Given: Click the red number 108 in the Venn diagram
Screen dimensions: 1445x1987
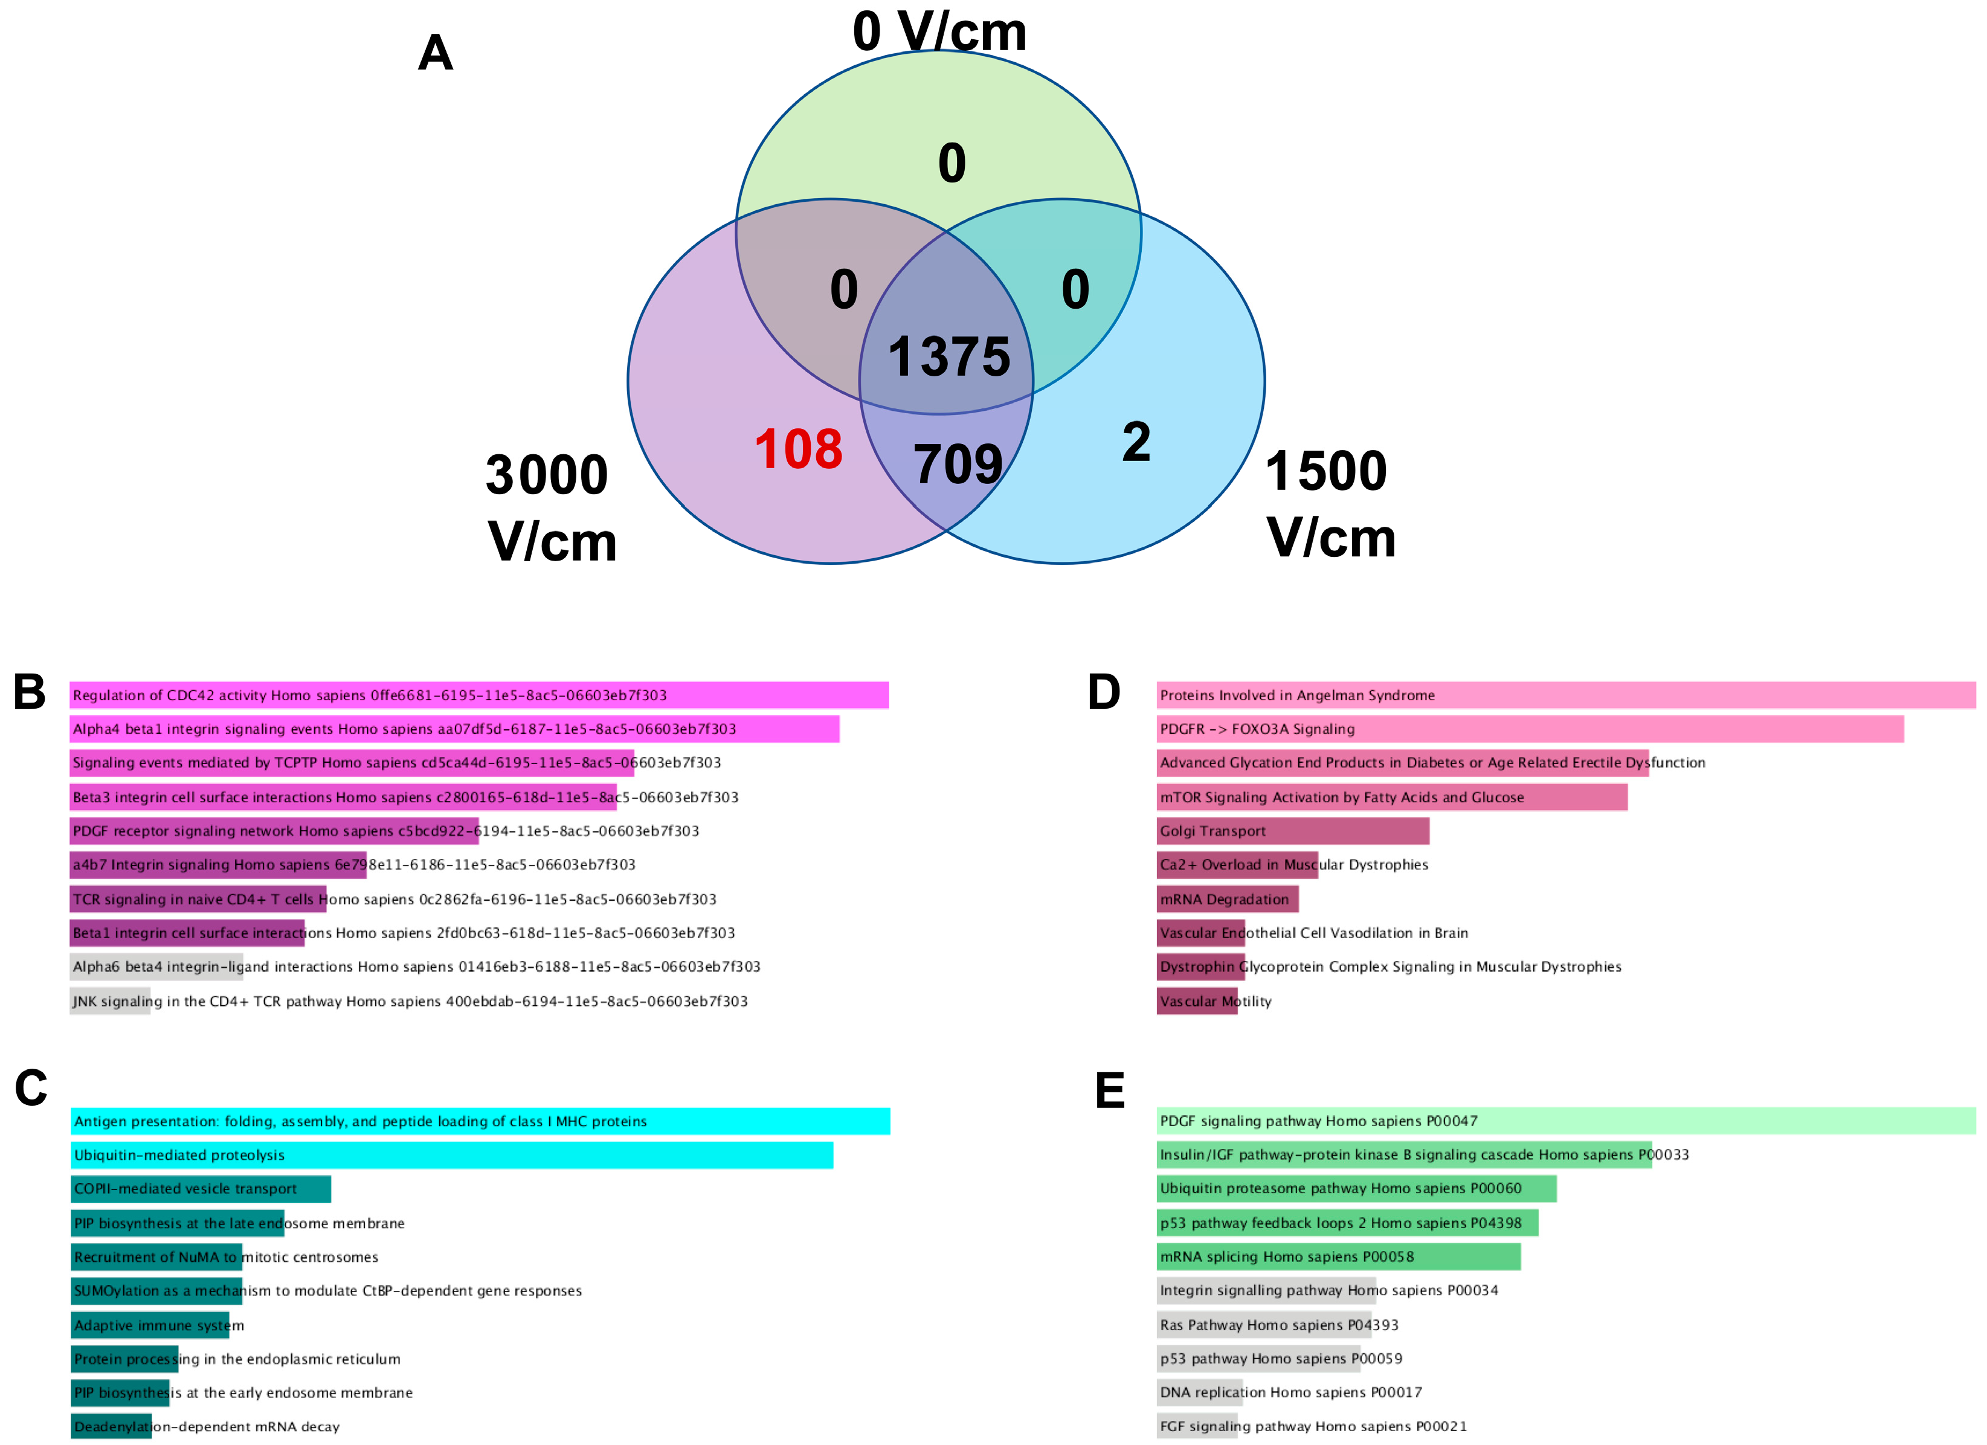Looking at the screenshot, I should point(798,449).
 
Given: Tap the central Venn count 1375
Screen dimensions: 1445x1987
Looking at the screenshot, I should point(949,358).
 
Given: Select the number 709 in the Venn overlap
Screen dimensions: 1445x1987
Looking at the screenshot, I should point(958,465).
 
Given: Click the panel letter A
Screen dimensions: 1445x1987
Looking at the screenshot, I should point(436,53).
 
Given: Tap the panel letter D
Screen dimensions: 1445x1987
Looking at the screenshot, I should point(1104,692).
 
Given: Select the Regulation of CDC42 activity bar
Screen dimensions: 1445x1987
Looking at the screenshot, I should point(478,695).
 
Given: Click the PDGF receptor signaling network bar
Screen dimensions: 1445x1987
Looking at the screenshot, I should point(274,831).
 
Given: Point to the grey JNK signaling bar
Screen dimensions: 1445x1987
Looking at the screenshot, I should point(111,1001).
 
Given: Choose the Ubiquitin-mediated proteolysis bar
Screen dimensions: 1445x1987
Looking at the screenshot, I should point(451,1155).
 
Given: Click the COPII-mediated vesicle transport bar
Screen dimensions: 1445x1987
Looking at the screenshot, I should point(201,1189).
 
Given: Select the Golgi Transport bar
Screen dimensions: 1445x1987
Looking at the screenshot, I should point(1292,831).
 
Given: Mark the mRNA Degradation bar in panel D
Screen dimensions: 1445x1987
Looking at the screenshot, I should point(1228,899).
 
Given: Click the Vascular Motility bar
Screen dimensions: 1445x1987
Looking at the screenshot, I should point(1197,1001).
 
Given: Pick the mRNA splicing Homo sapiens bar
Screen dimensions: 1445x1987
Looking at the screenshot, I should point(1338,1257).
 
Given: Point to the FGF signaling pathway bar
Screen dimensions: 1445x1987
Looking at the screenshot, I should point(1197,1426).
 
